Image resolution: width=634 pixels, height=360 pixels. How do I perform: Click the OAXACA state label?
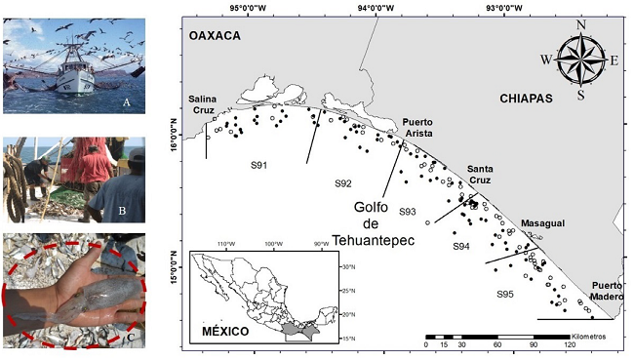214,35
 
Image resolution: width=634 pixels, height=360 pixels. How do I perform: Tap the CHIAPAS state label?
526,99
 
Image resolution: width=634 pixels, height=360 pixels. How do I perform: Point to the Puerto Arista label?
418,128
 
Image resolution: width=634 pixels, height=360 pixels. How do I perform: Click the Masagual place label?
542,223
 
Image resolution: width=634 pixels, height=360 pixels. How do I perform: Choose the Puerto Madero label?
611,293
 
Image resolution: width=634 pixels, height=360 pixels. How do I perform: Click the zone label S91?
258,165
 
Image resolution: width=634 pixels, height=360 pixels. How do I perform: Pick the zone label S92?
342,183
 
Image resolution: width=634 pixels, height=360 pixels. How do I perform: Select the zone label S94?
461,247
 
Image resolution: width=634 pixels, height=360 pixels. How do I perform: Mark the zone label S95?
504,294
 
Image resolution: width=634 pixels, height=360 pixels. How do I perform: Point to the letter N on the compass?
581,24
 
